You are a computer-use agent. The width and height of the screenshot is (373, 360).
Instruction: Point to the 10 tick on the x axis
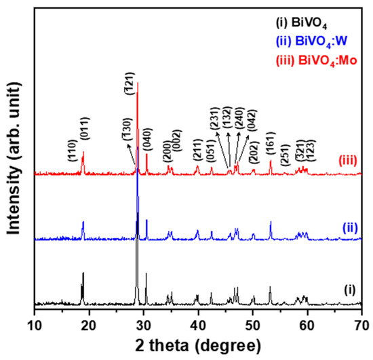pos(35,323)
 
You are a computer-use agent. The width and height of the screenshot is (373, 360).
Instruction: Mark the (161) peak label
pos(271,148)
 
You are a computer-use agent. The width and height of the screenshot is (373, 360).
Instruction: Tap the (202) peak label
pos(254,152)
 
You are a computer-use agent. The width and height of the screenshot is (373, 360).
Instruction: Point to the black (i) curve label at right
pos(349,289)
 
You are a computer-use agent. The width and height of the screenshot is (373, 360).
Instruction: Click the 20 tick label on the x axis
pos(90,323)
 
